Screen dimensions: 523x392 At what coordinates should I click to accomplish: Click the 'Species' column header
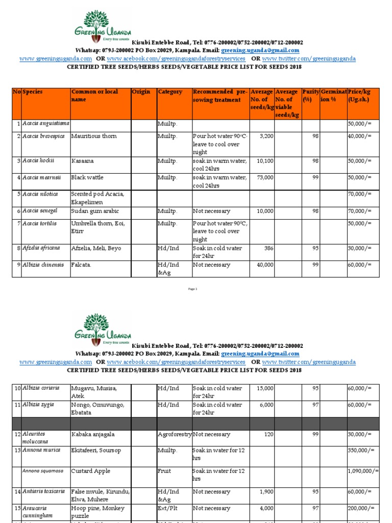click(x=33, y=92)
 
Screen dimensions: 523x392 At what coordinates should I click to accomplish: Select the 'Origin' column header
click(x=141, y=92)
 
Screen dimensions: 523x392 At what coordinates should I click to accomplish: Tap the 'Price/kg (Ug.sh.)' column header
click(x=360, y=96)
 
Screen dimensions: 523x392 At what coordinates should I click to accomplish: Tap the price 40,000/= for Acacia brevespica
click(x=360, y=136)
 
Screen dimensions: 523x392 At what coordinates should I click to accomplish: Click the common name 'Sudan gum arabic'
click(x=96, y=211)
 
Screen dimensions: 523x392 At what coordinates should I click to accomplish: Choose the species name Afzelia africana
click(x=41, y=248)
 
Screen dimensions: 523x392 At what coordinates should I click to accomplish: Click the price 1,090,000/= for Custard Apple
click(x=363, y=471)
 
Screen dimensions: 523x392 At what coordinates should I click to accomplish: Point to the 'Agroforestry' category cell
click(x=174, y=435)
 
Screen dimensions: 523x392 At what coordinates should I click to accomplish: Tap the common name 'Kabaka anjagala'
click(x=93, y=435)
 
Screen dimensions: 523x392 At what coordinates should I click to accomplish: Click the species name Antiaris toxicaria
click(x=43, y=491)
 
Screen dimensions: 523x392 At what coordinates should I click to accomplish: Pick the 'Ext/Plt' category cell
click(x=168, y=509)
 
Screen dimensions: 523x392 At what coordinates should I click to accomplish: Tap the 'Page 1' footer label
click(x=193, y=289)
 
